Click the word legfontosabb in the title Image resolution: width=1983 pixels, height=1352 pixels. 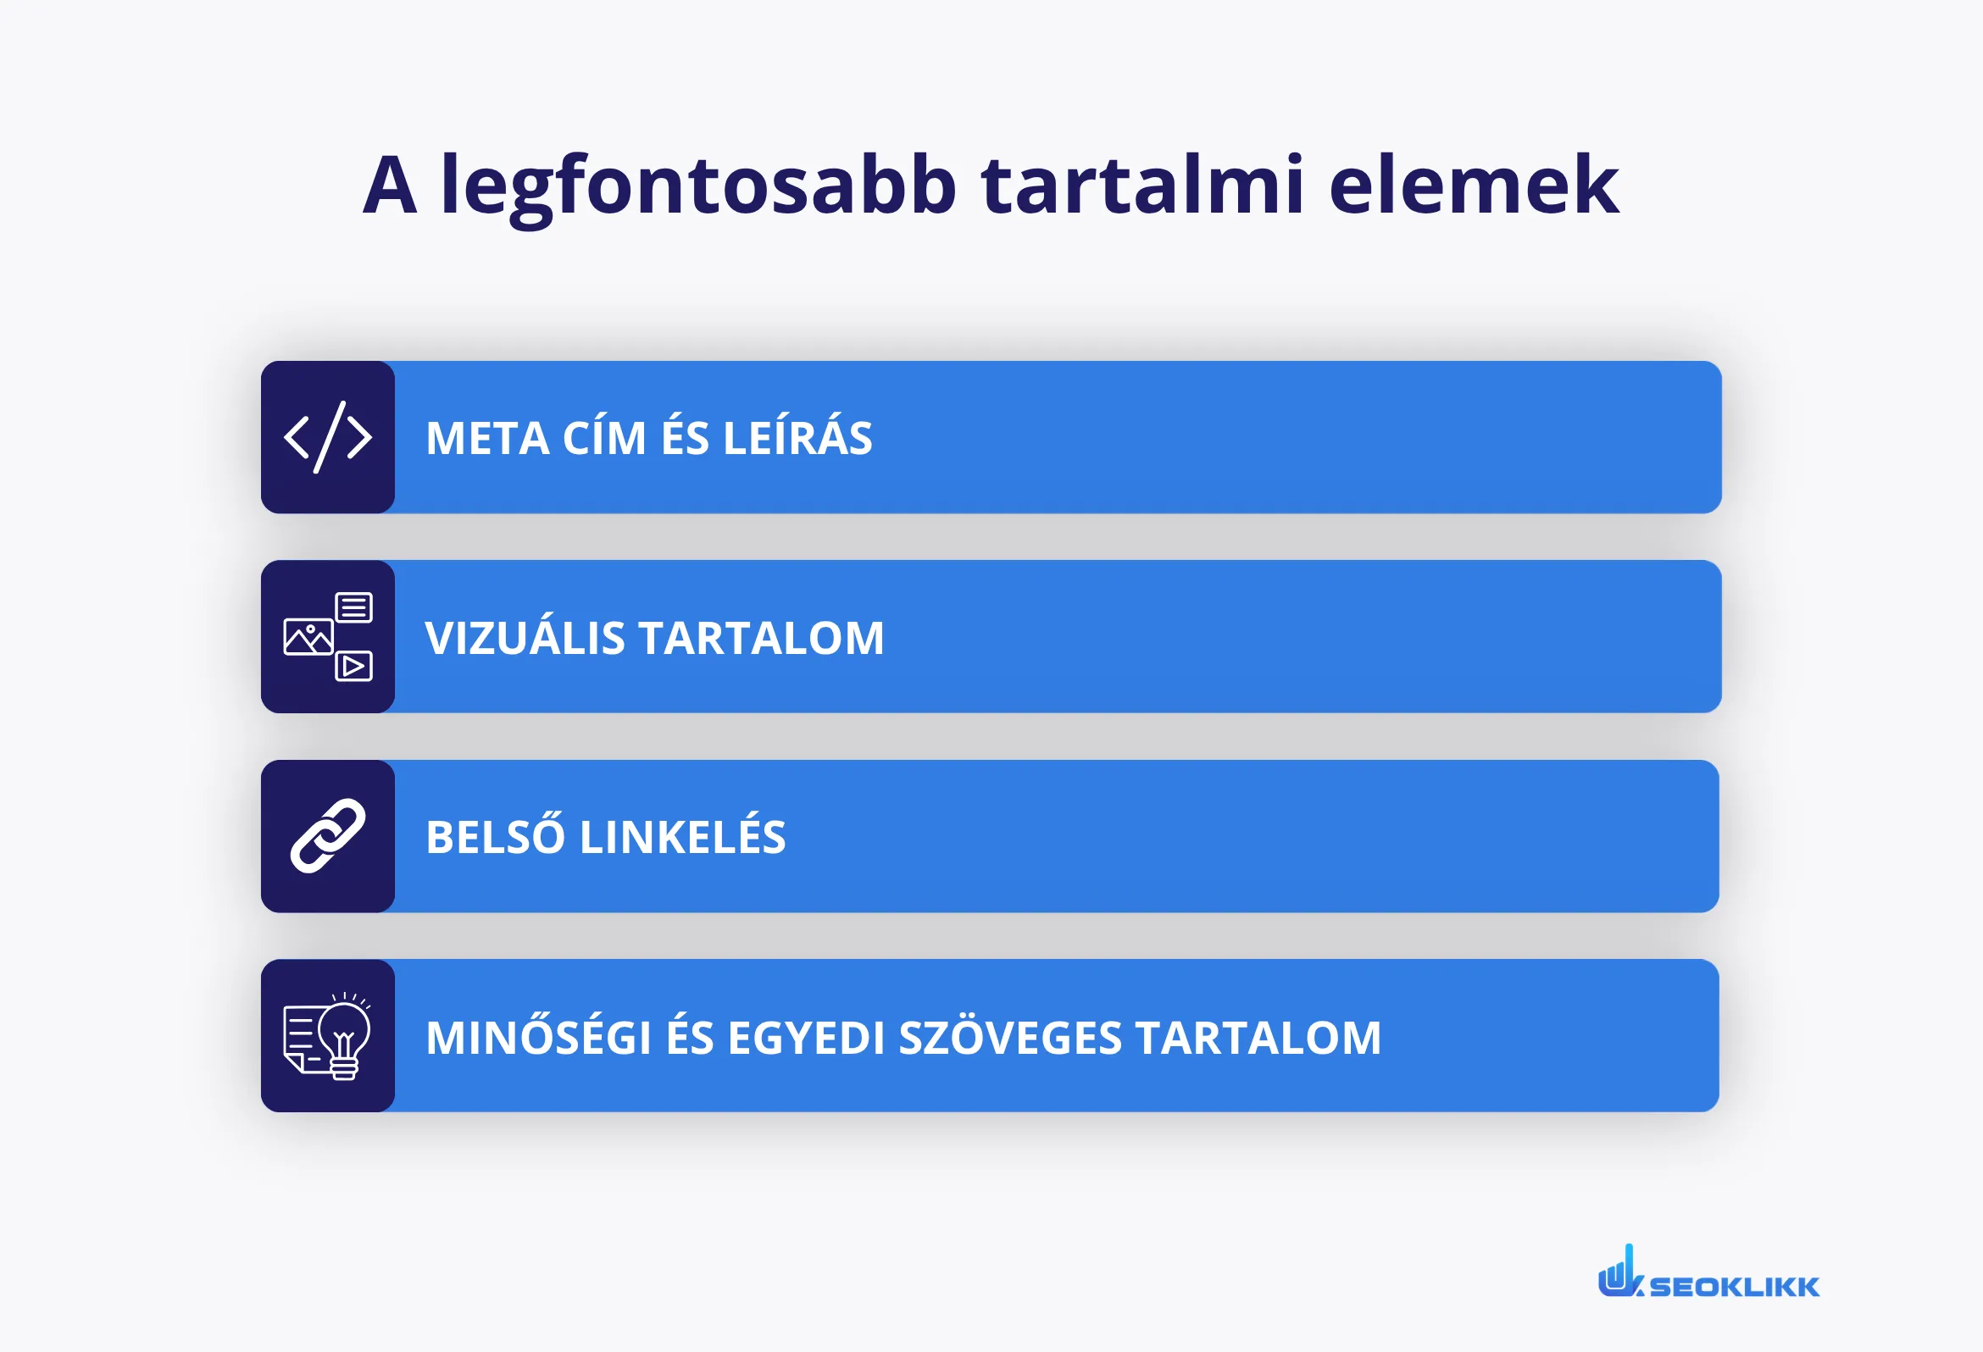pos(698,186)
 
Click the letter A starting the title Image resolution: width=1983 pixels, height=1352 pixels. pos(390,186)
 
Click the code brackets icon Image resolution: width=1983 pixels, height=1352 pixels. pos(328,437)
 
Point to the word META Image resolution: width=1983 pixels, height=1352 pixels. pos(487,439)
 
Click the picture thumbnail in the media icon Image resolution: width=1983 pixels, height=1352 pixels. pos(308,637)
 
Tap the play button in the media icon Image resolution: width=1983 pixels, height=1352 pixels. pos(353,666)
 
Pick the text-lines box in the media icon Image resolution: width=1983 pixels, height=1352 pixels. pos(354,607)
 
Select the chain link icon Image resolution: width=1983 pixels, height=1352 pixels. pos(328,836)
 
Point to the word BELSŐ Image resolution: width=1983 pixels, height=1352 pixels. pos(495,836)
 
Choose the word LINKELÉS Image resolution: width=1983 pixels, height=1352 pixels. pos(682,836)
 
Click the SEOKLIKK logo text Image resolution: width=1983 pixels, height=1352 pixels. pos(1734,1286)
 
